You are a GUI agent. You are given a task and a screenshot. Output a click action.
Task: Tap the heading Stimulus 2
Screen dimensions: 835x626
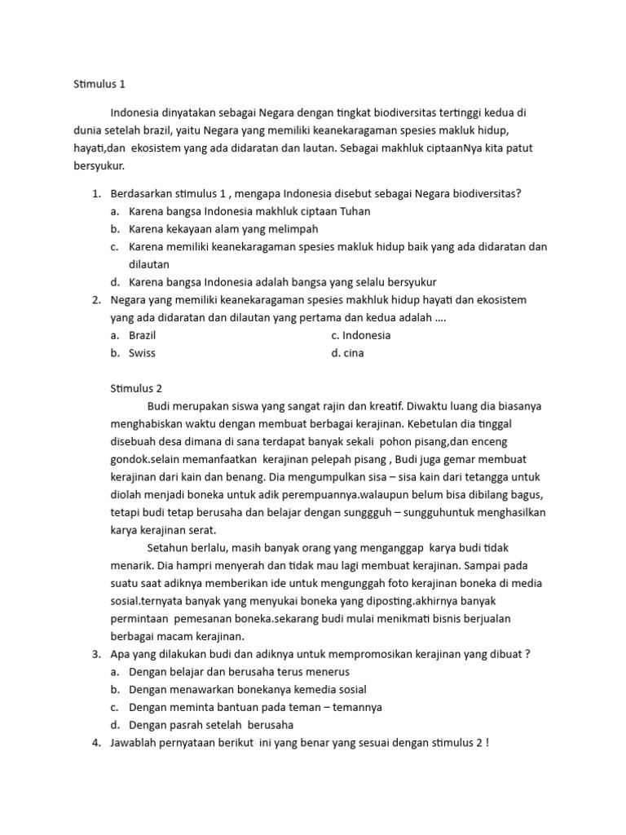[x=137, y=389]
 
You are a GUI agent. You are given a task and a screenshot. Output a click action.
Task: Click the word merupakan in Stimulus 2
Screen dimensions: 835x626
[x=203, y=406]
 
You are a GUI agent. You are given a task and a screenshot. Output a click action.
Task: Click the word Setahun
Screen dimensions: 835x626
[x=169, y=548]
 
